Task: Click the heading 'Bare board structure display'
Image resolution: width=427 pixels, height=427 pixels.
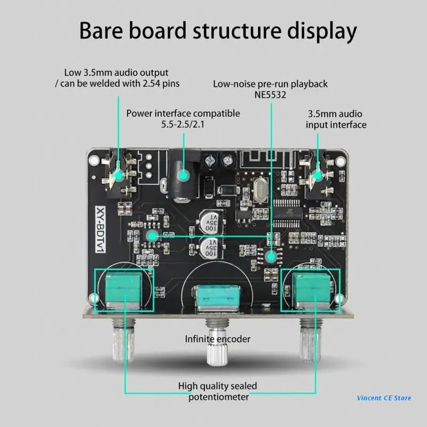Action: tap(218, 31)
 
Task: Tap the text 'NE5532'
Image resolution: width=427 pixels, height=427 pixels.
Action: tap(270, 96)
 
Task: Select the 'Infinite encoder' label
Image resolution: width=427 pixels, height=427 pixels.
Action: tap(217, 339)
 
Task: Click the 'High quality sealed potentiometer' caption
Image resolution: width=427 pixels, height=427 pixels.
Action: tap(217, 391)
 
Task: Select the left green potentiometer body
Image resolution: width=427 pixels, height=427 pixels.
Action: tap(123, 289)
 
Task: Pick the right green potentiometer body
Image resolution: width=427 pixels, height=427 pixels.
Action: tap(311, 290)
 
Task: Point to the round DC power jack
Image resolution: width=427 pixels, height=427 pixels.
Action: tap(182, 176)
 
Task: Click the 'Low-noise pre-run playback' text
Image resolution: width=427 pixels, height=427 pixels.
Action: tap(270, 84)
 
